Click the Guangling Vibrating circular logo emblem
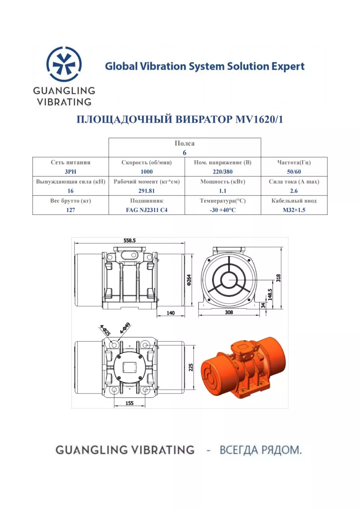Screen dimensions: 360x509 coord(64,64)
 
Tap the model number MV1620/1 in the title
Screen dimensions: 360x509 coord(259,120)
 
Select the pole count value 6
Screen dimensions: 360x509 coord(185,153)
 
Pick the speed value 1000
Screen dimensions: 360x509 coord(147,172)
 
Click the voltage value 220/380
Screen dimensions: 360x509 coord(223,172)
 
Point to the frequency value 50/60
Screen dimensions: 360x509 coord(294,172)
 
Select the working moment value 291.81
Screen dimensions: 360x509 coord(147,191)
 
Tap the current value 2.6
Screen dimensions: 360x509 coord(294,191)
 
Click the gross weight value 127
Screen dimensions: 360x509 coord(71,210)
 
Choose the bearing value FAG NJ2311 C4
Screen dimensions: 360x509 coord(147,210)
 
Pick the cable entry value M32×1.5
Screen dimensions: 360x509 coord(294,210)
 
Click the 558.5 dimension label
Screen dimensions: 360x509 coord(130,240)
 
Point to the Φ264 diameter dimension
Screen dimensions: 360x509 coord(189,280)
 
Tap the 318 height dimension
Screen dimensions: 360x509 coord(278,278)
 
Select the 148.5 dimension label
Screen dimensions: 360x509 coord(270,294)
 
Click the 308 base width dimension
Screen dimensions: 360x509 coord(229,312)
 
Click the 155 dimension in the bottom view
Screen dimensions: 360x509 coord(130,403)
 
